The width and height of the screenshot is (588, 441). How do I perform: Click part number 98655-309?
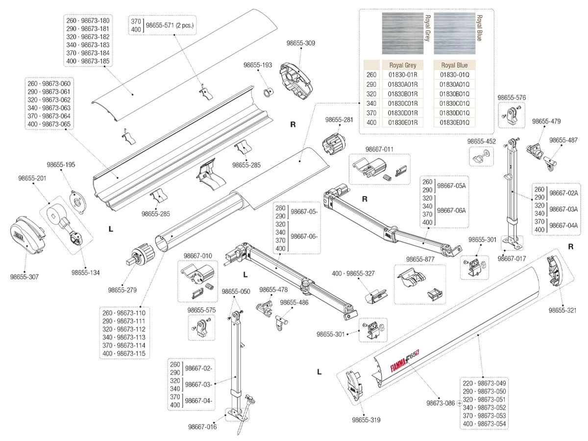[300, 43]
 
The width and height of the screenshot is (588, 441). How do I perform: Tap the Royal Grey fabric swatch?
[401, 33]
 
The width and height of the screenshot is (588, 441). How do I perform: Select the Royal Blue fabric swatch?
[454, 33]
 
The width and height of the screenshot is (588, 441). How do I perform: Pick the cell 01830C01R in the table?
[402, 103]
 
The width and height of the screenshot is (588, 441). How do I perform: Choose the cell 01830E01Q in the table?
[454, 122]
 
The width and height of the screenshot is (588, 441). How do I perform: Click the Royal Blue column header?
[454, 65]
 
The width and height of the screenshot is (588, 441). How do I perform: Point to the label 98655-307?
[24, 277]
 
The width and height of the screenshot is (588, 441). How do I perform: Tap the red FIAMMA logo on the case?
[390, 365]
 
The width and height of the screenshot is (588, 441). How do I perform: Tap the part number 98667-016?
[202, 427]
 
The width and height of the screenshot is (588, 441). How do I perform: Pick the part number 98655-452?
[482, 141]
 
